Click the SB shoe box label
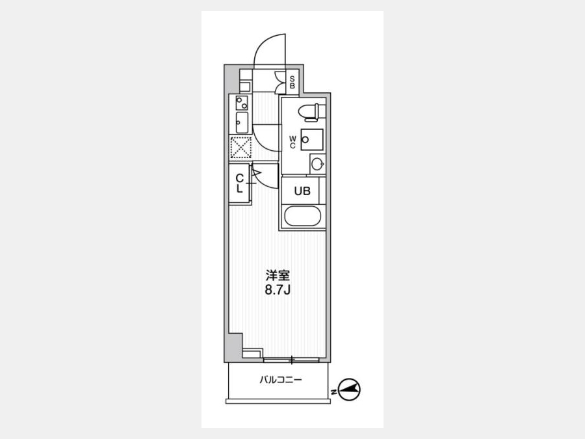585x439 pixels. click(292, 83)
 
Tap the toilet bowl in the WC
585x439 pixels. click(312, 113)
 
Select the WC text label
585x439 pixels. click(292, 142)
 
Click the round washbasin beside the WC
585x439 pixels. click(317, 164)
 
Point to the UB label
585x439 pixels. click(302, 191)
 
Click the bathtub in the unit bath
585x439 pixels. click(302, 217)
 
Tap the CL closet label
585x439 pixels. click(239, 183)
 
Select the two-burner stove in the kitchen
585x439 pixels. click(241, 103)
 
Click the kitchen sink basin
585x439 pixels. click(242, 122)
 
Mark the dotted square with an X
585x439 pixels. click(240, 148)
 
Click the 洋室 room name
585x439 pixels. click(278, 276)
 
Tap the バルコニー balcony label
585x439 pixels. click(281, 380)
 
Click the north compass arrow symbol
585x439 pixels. click(349, 390)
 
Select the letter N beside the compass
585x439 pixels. click(334, 392)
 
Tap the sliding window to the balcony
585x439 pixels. click(291, 360)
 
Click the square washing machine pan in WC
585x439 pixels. click(312, 140)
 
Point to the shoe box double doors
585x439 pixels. click(279, 83)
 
